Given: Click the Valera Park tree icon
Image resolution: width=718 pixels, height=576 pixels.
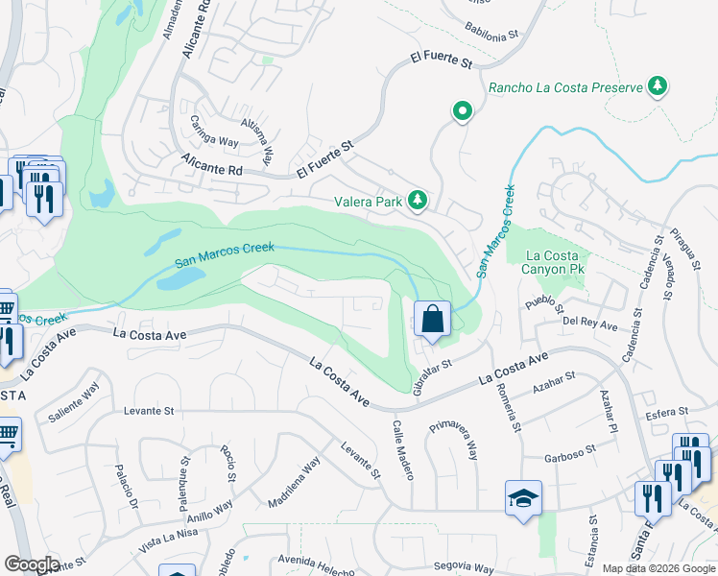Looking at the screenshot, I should pos(418,200).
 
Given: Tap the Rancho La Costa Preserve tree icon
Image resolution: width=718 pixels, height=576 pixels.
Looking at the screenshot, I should pos(658,87).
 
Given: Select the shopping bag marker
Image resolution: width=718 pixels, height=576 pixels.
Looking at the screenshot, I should pos(432,319).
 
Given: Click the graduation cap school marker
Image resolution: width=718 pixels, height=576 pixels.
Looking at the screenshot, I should pos(523,498).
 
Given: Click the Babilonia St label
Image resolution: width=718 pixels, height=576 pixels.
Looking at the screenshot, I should pos(491,31).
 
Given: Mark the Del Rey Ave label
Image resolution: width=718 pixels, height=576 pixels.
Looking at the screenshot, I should pos(590,324).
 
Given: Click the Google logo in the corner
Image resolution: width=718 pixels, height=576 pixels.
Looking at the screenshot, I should pos(31,564).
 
